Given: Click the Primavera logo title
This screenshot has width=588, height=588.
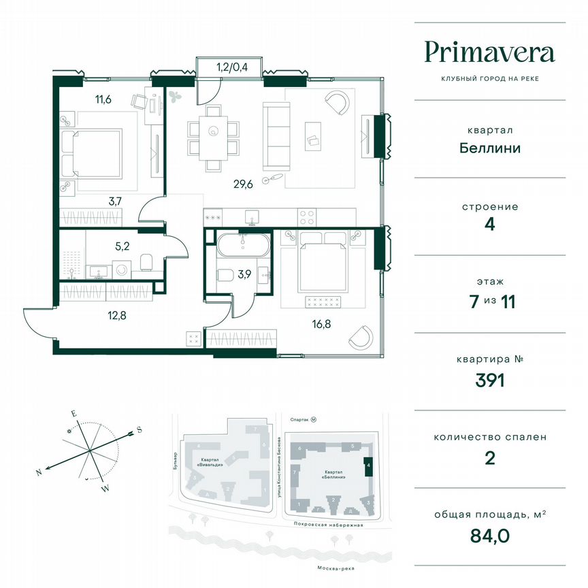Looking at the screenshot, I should pos(490,52).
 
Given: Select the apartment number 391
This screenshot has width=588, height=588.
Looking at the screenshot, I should pos(489,380).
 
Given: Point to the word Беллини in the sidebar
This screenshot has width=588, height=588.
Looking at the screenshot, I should pos(489,148).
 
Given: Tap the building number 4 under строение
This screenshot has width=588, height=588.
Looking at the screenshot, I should pos(489,225).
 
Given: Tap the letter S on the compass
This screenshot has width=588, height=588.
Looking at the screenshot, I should pos(139,429).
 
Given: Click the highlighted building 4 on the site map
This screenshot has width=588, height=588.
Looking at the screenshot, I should pos(368,467).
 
